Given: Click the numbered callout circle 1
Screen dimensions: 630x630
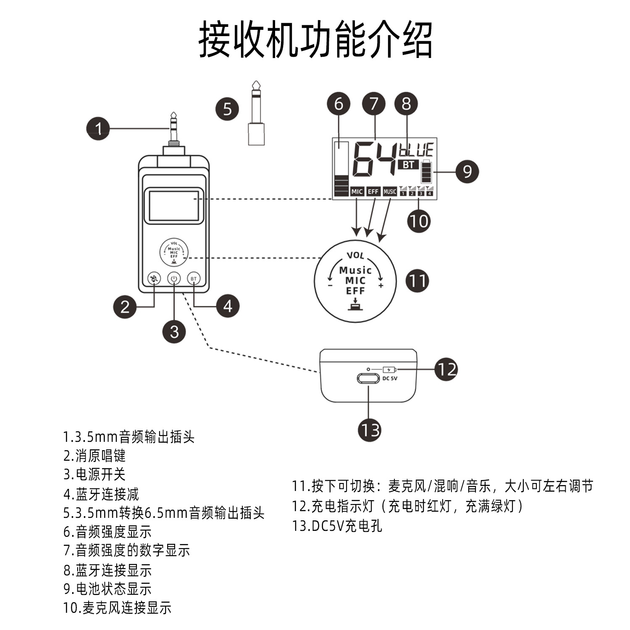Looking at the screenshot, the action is (98, 129).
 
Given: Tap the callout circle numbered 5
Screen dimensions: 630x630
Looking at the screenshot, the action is (227, 109).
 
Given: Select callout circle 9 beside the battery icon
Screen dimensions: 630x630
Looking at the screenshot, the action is (467, 171).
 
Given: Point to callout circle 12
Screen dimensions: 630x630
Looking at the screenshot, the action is (446, 369).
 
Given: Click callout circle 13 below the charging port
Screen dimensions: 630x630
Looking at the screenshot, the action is (370, 430).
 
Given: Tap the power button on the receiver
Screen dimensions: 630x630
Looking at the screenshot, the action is (174, 278).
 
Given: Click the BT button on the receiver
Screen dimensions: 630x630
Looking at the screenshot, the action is (194, 278).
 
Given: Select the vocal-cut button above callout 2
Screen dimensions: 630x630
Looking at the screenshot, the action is (155, 278).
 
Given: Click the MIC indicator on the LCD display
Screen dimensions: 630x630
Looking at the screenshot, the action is (357, 192).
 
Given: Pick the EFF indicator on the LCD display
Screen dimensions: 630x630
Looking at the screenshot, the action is (373, 192).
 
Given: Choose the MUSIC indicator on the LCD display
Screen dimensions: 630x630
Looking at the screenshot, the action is (390, 192).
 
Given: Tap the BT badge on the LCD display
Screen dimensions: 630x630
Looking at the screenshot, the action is (408, 165).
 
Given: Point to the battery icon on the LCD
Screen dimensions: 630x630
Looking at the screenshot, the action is (427, 171).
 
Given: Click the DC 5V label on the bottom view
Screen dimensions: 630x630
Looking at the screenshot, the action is (390, 378).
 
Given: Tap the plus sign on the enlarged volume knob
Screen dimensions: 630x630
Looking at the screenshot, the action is (381, 286).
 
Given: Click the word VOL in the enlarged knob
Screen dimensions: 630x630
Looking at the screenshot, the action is (355, 255).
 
